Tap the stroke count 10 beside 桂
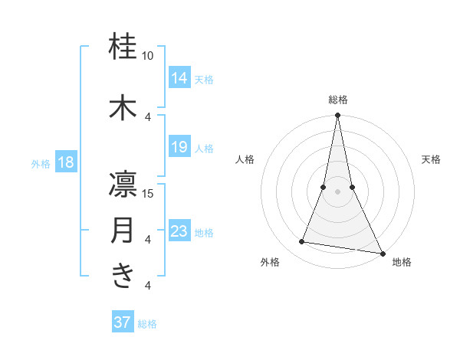tap(148, 56)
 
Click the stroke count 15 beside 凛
tap(148, 193)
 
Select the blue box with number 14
tap(179, 77)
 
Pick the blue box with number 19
tap(179, 147)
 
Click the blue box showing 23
tap(179, 231)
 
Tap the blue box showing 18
tap(64, 162)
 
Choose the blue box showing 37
tap(122, 322)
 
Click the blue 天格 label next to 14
tap(204, 79)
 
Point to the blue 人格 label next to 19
tap(204, 149)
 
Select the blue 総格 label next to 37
tap(147, 324)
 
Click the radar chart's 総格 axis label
tap(337, 100)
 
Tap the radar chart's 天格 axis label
tap(431, 159)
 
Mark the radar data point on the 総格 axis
tap(337, 116)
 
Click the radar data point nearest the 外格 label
tap(302, 242)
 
